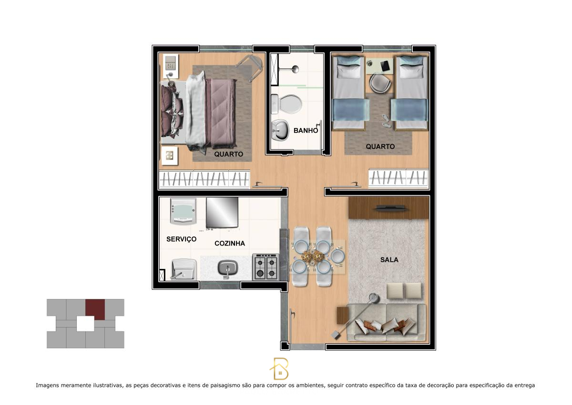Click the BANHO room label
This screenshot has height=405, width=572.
(306, 130)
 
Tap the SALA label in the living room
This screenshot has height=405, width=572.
(389, 260)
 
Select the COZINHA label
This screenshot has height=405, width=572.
(229, 243)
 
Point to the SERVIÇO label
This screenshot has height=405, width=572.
(181, 239)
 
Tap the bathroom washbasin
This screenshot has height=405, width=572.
(280, 129)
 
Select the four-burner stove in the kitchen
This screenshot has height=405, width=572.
(266, 267)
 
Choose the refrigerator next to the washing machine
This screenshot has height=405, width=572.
(222, 213)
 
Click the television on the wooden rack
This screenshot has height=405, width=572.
(390, 208)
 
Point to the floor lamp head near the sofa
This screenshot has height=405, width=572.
(374, 298)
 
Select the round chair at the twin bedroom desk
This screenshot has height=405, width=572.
(380, 83)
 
